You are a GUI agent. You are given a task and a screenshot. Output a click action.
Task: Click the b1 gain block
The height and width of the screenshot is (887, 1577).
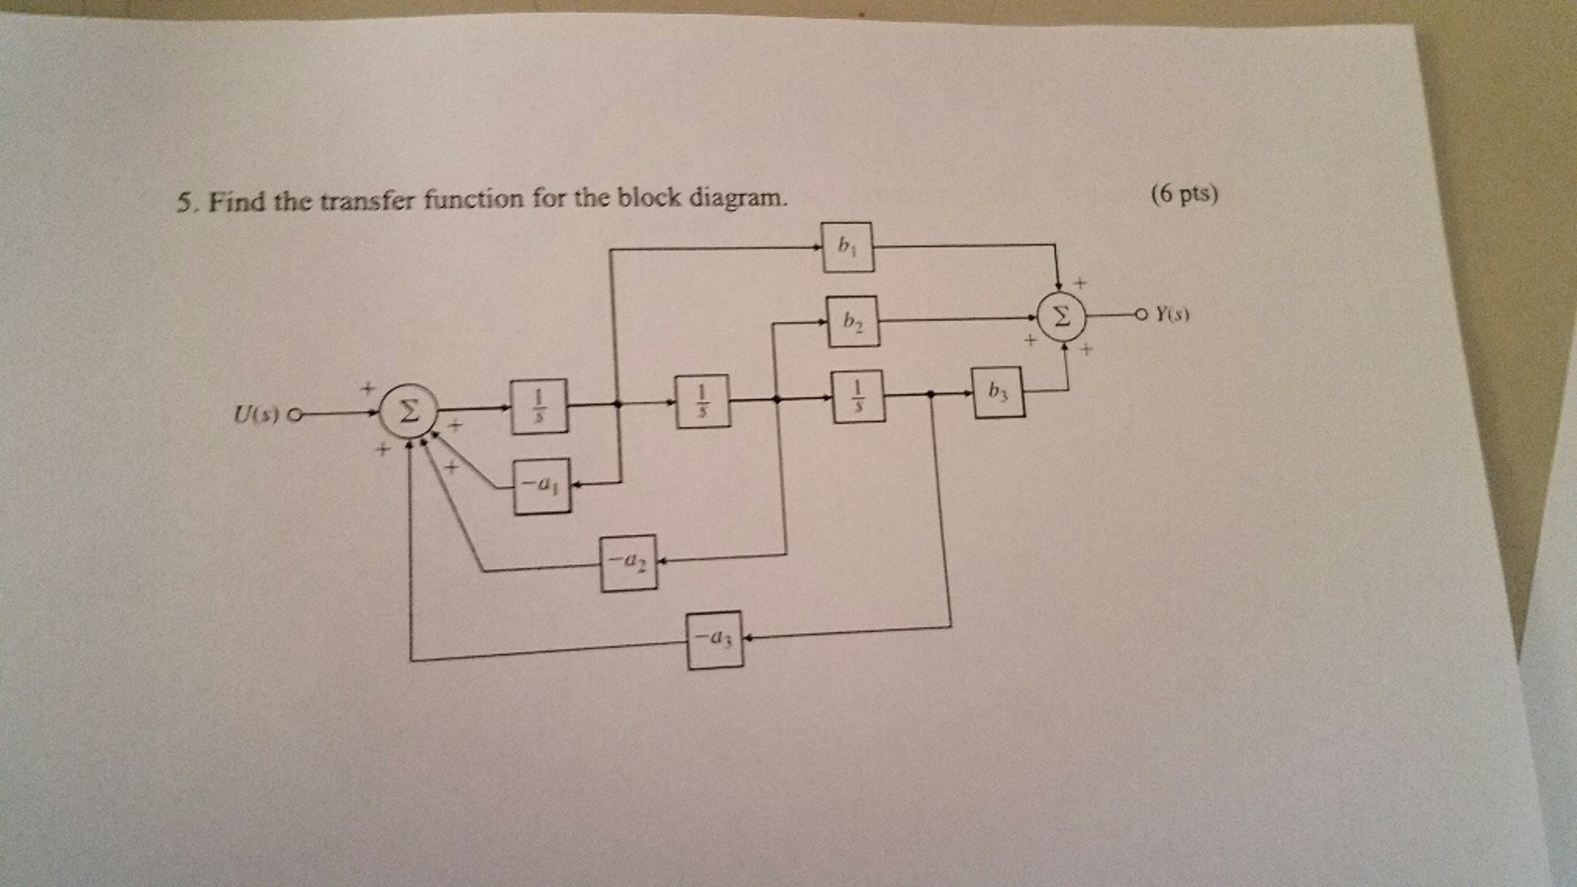847,247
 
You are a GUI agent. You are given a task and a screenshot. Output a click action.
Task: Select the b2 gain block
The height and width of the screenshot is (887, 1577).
852,321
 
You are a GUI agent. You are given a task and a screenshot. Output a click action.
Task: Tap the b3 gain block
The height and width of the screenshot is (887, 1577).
997,392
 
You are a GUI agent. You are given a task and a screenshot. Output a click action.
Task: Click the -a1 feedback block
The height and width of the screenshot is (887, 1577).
542,485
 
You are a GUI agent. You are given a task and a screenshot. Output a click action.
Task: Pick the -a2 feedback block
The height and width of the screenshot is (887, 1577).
628,563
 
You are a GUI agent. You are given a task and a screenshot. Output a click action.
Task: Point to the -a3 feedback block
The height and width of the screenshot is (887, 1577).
715,640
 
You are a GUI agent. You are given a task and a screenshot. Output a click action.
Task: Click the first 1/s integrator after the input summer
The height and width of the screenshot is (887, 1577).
539,405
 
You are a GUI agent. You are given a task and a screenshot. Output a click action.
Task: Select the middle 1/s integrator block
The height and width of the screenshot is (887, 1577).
701,401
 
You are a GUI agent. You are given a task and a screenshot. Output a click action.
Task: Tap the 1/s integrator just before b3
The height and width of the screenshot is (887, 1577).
858,396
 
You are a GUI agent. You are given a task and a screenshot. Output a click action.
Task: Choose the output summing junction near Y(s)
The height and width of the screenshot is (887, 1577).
1061,316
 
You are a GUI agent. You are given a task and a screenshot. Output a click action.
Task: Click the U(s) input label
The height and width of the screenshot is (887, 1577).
256,415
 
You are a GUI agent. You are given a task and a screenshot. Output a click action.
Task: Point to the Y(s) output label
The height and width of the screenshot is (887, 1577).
1172,314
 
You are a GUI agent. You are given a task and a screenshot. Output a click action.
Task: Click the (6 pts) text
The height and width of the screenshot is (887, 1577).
1184,194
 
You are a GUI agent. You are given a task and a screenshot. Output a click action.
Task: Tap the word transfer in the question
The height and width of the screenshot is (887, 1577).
367,201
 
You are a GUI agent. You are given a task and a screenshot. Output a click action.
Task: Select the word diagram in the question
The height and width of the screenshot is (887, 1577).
737,198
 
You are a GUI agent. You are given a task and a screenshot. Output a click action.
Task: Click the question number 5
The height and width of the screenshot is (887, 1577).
183,203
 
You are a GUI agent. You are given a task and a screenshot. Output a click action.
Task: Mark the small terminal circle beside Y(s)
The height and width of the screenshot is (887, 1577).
1142,314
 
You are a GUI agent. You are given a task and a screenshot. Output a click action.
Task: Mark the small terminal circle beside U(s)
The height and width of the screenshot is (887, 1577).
293,415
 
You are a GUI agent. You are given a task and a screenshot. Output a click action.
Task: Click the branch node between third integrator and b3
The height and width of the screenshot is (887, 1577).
931,394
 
